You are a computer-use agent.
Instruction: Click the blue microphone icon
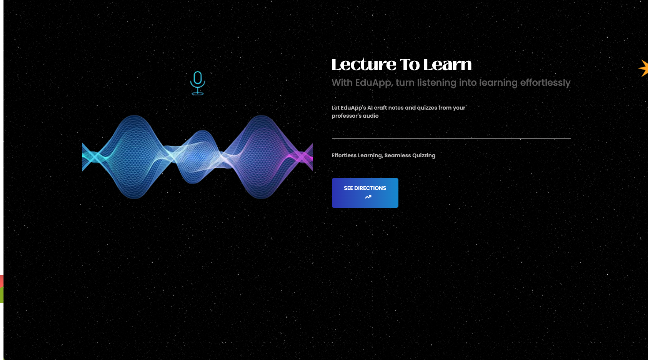(x=198, y=83)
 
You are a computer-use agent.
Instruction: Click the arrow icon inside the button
(x=368, y=197)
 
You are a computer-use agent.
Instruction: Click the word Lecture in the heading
(x=364, y=64)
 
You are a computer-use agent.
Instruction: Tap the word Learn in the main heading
(x=447, y=64)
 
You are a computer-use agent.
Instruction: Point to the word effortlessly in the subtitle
(x=545, y=83)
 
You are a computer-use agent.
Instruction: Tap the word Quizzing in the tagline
(x=424, y=156)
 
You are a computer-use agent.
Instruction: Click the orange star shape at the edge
(x=644, y=68)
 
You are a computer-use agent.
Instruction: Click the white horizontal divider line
(x=451, y=139)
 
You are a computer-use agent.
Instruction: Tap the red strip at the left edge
(x=2, y=281)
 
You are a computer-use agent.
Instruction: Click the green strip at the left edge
(x=2, y=295)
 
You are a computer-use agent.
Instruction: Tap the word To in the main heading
(x=410, y=64)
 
